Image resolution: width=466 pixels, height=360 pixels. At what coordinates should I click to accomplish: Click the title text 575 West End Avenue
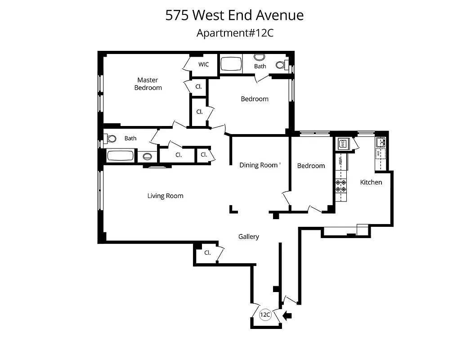[234, 15]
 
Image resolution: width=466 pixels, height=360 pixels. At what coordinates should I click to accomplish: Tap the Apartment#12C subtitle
[235, 33]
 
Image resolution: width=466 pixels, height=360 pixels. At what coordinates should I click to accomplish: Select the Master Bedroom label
[148, 84]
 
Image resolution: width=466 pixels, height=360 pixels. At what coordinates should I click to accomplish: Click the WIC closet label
[204, 64]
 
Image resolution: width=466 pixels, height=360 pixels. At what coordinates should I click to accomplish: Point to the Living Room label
[166, 196]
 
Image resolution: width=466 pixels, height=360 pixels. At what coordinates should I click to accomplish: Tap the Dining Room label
[259, 165]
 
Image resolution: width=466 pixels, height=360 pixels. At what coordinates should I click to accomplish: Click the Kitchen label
[371, 182]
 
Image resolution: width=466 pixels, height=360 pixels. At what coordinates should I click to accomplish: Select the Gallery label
[249, 237]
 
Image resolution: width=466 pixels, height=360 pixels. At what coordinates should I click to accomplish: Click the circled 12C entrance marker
[265, 315]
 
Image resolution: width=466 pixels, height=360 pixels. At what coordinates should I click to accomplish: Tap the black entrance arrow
[287, 316]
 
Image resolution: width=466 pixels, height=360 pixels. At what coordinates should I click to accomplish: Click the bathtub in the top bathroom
[231, 63]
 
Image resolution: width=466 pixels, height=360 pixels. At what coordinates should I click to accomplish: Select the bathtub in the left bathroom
[120, 156]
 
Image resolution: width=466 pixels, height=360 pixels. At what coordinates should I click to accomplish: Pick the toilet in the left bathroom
[110, 139]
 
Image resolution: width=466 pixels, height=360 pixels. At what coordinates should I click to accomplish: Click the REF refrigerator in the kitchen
[341, 160]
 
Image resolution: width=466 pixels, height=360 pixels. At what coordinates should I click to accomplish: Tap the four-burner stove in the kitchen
[341, 185]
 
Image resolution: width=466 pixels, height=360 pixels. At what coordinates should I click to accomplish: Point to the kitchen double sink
[381, 142]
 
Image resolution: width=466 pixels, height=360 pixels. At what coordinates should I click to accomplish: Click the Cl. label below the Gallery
[207, 253]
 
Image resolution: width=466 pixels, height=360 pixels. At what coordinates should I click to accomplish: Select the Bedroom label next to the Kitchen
[311, 166]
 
